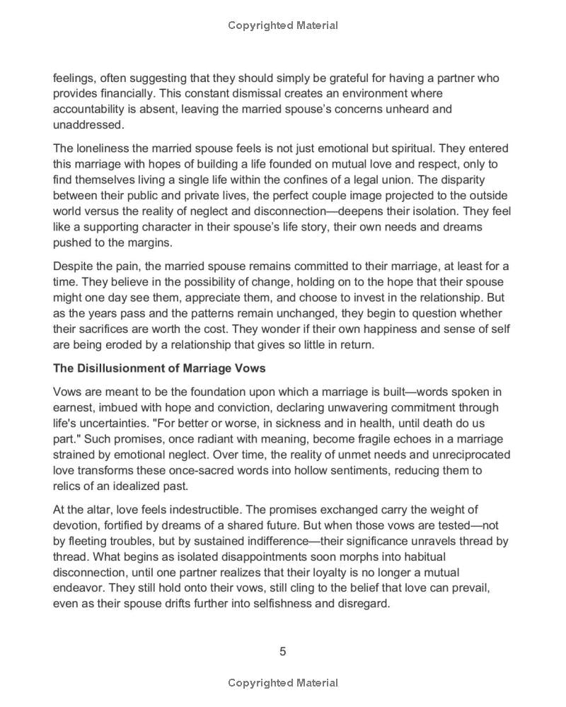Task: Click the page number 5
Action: point(283,651)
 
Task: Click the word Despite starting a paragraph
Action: point(74,266)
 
